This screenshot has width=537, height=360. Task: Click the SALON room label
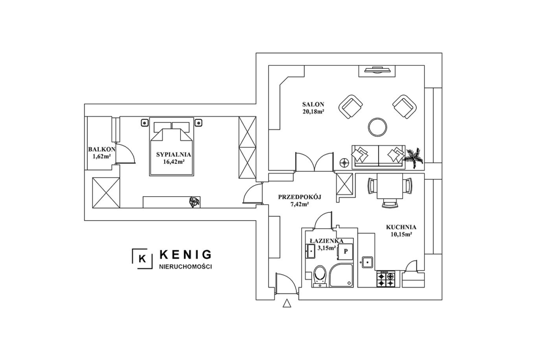click(313, 105)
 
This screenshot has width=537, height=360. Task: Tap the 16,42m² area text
click(174, 162)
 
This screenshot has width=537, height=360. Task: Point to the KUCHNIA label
click(401, 227)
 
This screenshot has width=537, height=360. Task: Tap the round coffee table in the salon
click(378, 127)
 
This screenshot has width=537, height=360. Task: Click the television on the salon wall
click(378, 71)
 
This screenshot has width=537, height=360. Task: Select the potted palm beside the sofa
click(414, 157)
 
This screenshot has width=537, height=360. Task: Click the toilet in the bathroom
click(320, 276)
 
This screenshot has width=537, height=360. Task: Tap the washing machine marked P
click(346, 251)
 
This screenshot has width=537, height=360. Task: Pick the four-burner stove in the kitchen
click(386, 279)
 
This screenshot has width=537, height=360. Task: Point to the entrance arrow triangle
click(287, 304)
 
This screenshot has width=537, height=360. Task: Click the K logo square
click(142, 258)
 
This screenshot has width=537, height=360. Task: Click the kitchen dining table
click(389, 186)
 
